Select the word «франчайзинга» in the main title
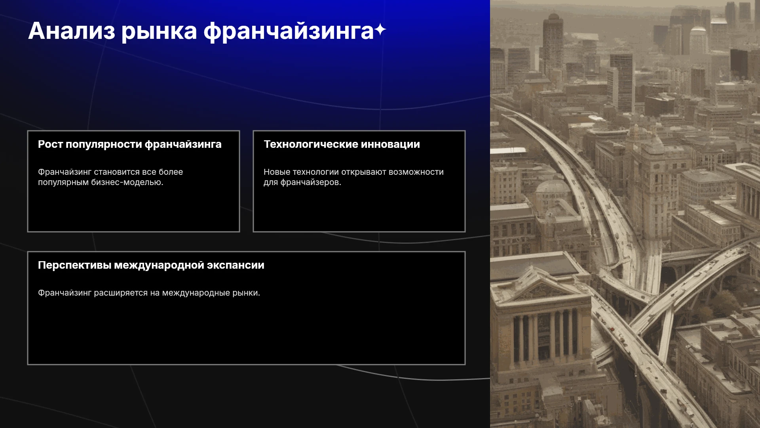[x=289, y=32]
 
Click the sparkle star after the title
[x=380, y=30]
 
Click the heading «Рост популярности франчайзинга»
[x=130, y=144]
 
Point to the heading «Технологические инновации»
[x=342, y=144]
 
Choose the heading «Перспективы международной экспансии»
[x=151, y=265]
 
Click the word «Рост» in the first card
[x=50, y=144]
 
